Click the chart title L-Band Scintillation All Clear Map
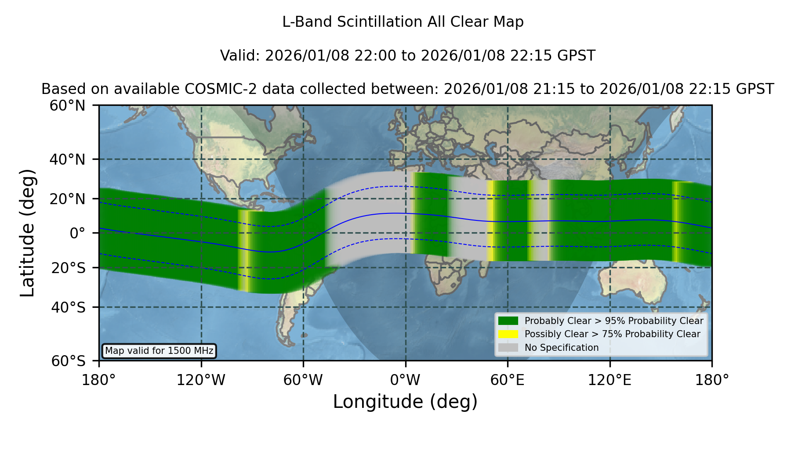click(x=403, y=22)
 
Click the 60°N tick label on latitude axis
click(x=67, y=105)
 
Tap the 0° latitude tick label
click(x=78, y=233)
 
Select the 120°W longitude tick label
click(x=201, y=380)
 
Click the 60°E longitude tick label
click(x=508, y=380)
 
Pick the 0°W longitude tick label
click(x=405, y=380)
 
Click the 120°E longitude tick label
click(x=610, y=380)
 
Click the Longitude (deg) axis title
click(x=405, y=402)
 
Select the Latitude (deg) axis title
click(x=28, y=233)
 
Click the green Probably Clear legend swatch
click(x=508, y=321)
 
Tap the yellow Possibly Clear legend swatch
click(x=508, y=334)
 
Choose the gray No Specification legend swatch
click(x=508, y=348)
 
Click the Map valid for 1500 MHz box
click(x=159, y=351)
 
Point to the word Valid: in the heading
click(x=241, y=56)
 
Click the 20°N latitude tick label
click(x=67, y=199)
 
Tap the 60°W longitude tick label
click(x=303, y=380)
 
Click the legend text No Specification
click(x=562, y=348)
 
